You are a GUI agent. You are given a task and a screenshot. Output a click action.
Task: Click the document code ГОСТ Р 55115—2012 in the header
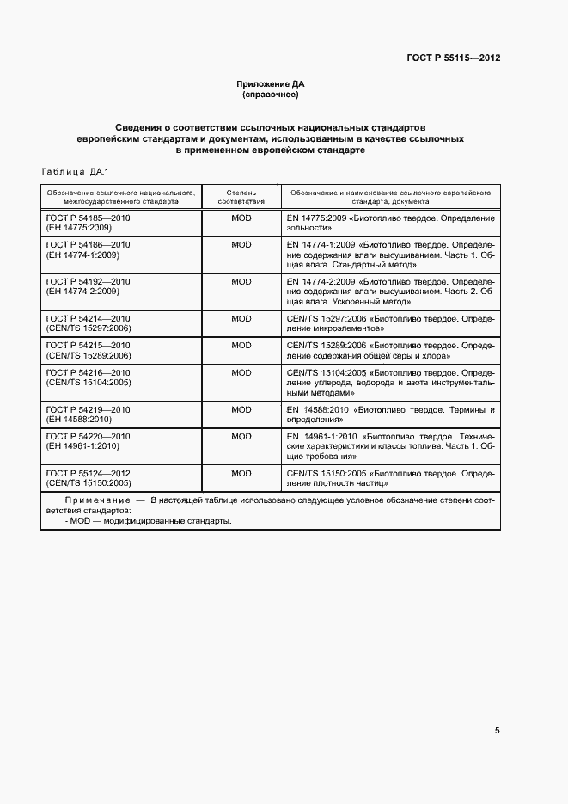pyautogui.click(x=454, y=58)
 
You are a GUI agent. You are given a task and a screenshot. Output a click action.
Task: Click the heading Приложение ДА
pyautogui.click(x=270, y=84)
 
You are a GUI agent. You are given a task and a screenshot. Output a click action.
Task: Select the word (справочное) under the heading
pyautogui.click(x=270, y=95)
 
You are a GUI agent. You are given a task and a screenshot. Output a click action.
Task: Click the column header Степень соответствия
pyautogui.click(x=241, y=197)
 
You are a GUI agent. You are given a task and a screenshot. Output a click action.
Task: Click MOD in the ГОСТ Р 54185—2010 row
pyautogui.click(x=241, y=219)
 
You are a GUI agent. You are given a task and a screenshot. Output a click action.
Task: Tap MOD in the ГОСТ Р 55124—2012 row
pyautogui.click(x=241, y=473)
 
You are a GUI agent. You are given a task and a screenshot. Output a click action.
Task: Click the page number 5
pyautogui.click(x=497, y=731)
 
